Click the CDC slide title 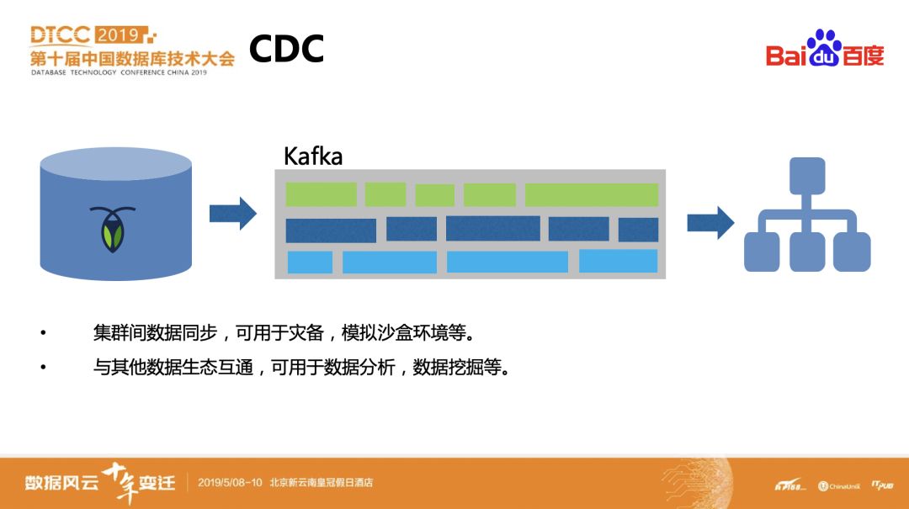[x=286, y=49]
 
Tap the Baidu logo [x=825, y=50]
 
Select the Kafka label [x=313, y=156]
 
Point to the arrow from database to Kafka [x=232, y=214]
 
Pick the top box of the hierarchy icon [x=807, y=175]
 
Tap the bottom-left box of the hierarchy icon [x=762, y=252]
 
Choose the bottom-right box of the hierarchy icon [x=852, y=252]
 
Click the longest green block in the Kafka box [x=591, y=195]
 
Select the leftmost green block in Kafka [x=321, y=194]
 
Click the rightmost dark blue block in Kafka [x=638, y=230]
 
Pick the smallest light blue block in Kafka [x=310, y=262]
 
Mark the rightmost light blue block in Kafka [x=618, y=261]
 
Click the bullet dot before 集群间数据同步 [x=43, y=333]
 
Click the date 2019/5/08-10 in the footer [x=229, y=483]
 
